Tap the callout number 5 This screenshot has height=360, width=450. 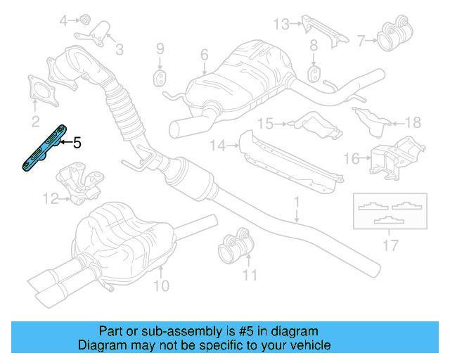tap(77, 143)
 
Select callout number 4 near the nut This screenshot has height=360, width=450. tap(64, 21)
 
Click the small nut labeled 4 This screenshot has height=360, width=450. tap(83, 18)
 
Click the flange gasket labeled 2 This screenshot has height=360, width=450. tap(41, 92)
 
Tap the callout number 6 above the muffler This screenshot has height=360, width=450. tap(204, 55)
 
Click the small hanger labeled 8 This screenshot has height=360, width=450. tap(314, 72)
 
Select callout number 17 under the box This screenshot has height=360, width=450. tap(390, 245)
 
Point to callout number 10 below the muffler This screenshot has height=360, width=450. tap(162, 285)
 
